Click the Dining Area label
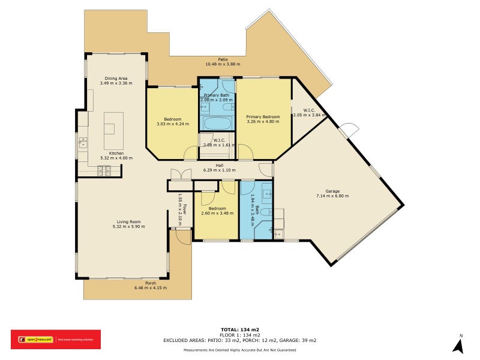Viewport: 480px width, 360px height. click(116, 77)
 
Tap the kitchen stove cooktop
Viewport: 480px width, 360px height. click(103, 171)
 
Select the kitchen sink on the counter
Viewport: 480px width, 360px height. click(82, 143)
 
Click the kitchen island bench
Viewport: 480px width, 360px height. click(109, 130)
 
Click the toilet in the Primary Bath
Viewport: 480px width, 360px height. click(228, 107)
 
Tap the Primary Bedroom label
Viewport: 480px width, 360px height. click(263, 116)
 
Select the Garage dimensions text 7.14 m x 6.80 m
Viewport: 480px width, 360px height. click(332, 196)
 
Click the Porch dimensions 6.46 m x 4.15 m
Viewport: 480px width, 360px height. click(151, 288)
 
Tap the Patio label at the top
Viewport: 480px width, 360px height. click(223, 59)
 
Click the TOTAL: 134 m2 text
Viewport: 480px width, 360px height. click(239, 329)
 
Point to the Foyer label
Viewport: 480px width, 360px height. click(185, 210)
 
